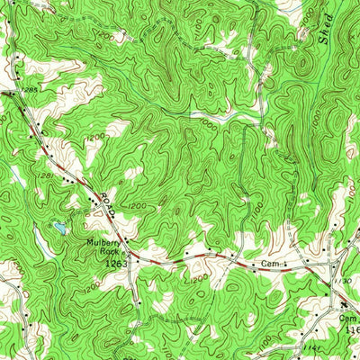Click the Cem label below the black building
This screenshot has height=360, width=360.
tap(348, 319)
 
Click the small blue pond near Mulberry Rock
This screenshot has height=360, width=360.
tap(58, 228)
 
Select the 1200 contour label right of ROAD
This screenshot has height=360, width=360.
tap(137, 206)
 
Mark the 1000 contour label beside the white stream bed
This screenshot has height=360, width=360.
tap(209, 121)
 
